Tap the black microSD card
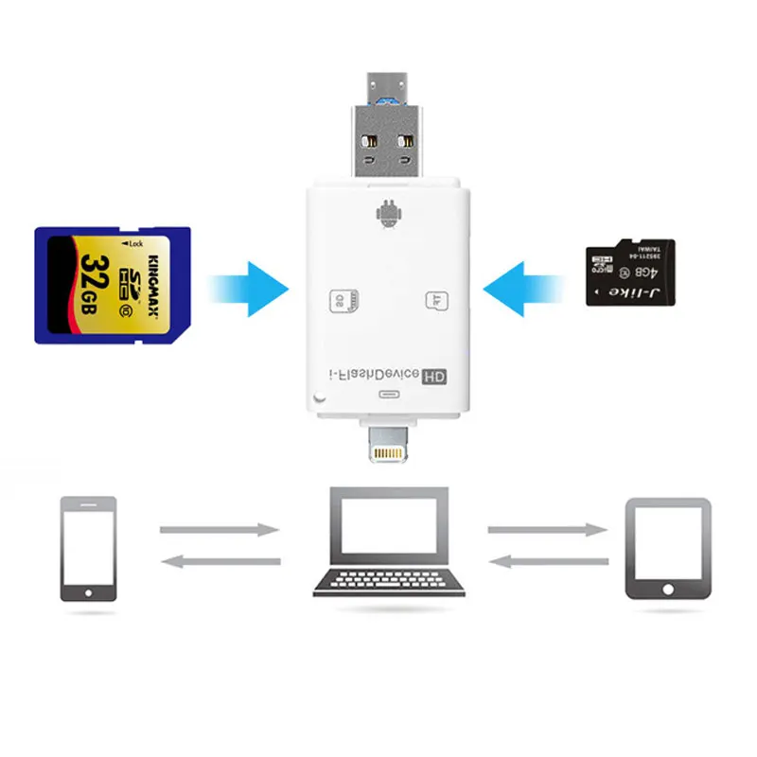[630, 272]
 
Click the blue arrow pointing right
[248, 285]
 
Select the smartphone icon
[88, 548]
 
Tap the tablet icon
[668, 548]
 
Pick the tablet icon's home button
[668, 590]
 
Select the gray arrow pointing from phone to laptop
[220, 530]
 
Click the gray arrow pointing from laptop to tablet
[548, 530]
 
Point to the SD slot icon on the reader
[342, 300]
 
